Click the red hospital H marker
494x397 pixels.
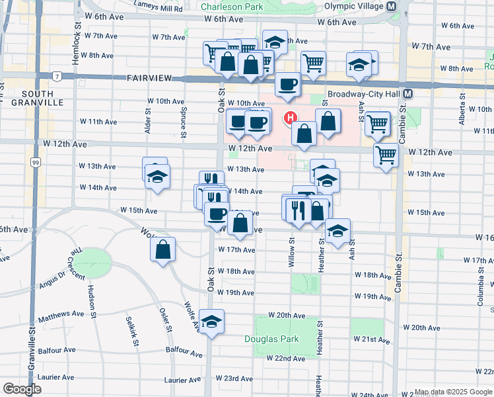click(289, 118)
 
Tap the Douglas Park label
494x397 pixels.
click(272, 339)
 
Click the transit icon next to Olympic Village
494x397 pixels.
click(391, 7)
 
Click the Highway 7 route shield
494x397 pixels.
click(57, 77)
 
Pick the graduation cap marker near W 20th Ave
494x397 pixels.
click(212, 322)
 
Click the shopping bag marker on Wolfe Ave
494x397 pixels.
click(162, 251)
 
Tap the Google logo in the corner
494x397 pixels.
click(22, 389)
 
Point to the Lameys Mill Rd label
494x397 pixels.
click(159, 9)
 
